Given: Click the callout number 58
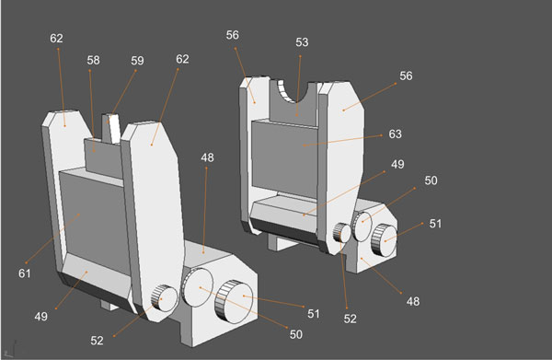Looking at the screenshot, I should pos(93,60).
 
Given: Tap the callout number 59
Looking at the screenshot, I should pos(137,62).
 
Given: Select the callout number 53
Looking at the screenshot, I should pos(302,41).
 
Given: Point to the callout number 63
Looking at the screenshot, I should pos(396,134).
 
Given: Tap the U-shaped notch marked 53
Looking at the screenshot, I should pos(296,93).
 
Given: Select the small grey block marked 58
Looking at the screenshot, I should pos(98,148).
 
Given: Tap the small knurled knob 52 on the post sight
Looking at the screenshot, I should pos(164,297).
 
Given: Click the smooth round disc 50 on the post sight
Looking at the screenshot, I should pos(198,287).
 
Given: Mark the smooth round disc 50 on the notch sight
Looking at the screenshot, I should pos(362,221).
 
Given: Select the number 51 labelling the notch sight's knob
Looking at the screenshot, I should pos(434,223).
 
